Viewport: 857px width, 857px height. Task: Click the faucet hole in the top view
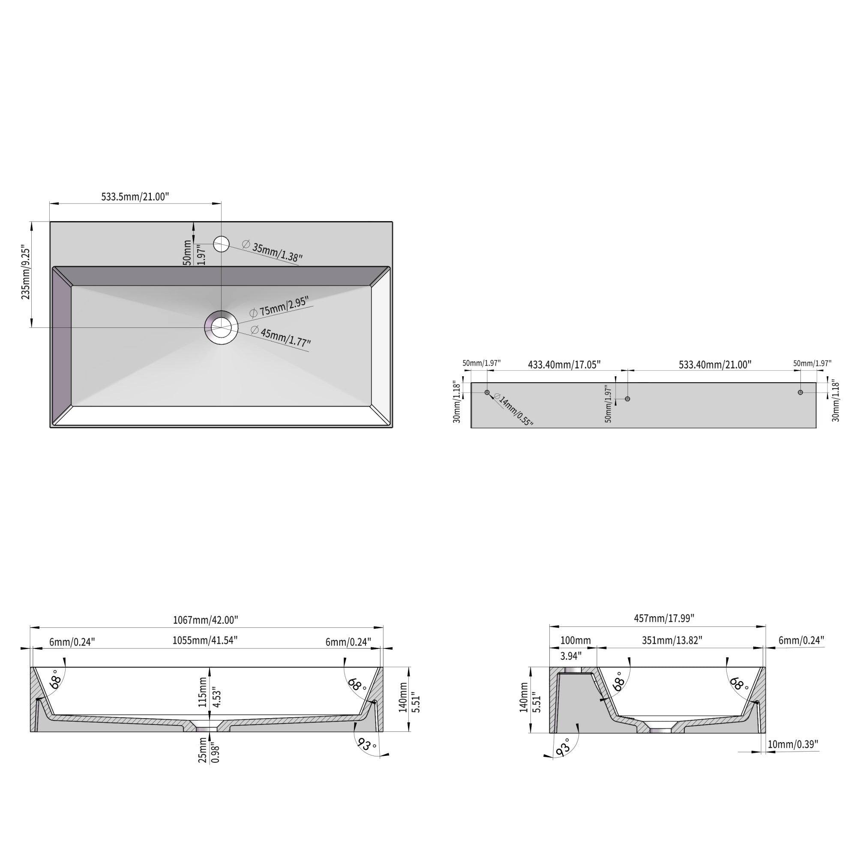221,243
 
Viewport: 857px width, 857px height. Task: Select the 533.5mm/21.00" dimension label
135,197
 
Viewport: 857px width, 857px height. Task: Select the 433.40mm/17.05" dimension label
564,365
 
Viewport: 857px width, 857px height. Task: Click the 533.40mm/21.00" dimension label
715,365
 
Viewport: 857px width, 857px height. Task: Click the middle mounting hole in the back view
627,399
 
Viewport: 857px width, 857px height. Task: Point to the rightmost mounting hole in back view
800,392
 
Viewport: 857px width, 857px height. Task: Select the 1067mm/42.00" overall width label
206,620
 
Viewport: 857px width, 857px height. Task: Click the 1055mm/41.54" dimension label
205,640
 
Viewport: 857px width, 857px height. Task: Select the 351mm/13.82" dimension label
672,640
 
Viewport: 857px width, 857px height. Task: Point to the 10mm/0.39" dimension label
792,744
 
